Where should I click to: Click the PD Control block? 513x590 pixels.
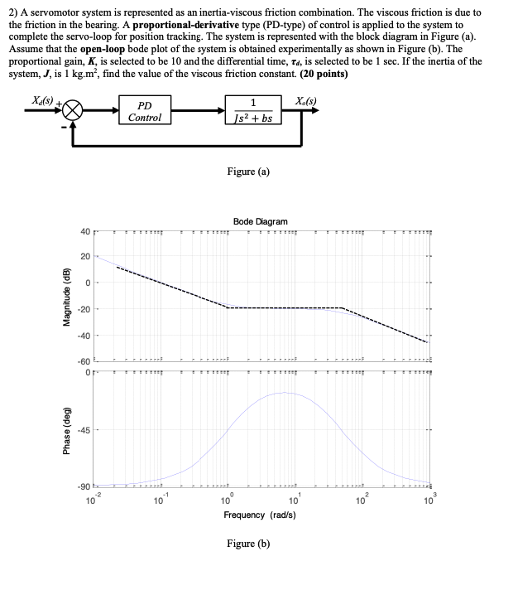coord(145,112)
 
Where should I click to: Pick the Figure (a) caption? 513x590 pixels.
coord(249,172)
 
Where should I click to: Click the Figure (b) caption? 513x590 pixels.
coord(249,544)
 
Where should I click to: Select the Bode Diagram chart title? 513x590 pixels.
coord(261,221)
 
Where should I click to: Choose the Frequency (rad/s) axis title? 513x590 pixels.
coord(261,515)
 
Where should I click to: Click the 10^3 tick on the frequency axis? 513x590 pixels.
coord(427,500)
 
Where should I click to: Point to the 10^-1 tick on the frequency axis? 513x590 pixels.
coord(159,500)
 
